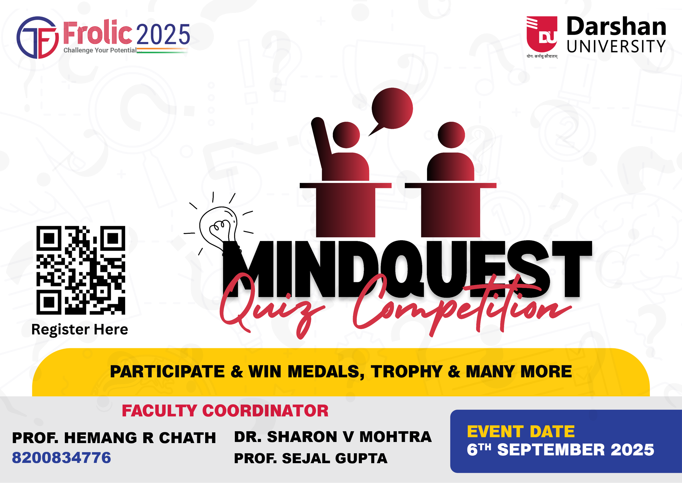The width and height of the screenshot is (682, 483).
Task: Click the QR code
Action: pyautogui.click(x=81, y=270)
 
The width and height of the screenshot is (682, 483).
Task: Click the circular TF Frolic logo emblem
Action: pyautogui.click(x=38, y=37)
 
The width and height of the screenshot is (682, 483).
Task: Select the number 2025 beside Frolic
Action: pyautogui.click(x=163, y=34)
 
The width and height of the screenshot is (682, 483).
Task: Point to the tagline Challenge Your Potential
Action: pyautogui.click(x=100, y=50)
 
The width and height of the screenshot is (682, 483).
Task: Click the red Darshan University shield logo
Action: pyautogui.click(x=542, y=34)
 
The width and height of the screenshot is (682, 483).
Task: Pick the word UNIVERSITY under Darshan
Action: pyautogui.click(x=616, y=46)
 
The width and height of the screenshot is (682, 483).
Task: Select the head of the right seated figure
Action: pyautogui.click(x=451, y=135)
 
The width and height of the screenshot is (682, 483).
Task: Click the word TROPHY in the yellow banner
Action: pyautogui.click(x=407, y=371)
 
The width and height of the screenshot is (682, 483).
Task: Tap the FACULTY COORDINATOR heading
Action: pyautogui.click(x=225, y=411)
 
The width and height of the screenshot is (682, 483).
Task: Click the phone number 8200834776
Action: pyautogui.click(x=61, y=458)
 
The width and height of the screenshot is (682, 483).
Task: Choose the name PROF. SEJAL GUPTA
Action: pyautogui.click(x=311, y=458)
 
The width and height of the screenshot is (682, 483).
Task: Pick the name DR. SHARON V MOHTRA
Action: pyautogui.click(x=333, y=437)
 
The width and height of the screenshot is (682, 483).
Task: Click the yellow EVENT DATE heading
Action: pyautogui.click(x=521, y=432)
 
